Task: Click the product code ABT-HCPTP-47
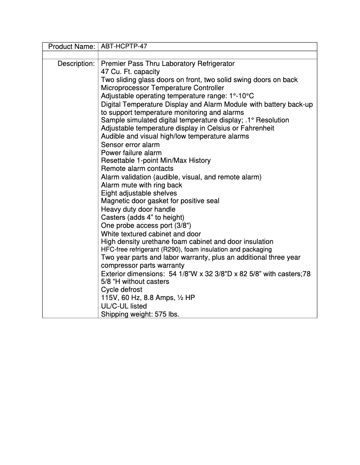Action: [123, 47]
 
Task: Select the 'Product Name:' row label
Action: [71, 47]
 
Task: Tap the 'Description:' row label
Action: [76, 64]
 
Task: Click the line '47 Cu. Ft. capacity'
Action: [130, 72]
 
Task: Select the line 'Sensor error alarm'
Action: [130, 144]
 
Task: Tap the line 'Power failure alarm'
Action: [131, 152]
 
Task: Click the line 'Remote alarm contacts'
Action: [137, 169]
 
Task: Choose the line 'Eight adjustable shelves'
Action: [139, 193]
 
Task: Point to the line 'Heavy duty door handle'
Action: [138, 209]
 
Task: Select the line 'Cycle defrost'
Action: [122, 290]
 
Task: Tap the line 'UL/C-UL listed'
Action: [124, 306]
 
